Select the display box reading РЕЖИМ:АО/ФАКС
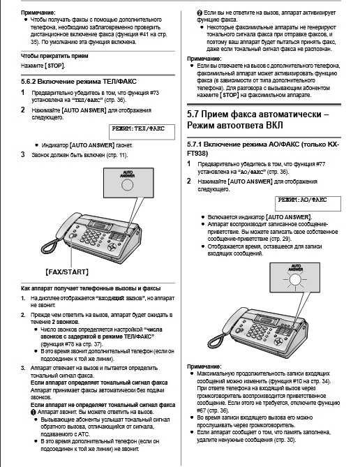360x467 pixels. click(301, 200)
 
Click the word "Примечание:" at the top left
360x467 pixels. click(37, 13)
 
